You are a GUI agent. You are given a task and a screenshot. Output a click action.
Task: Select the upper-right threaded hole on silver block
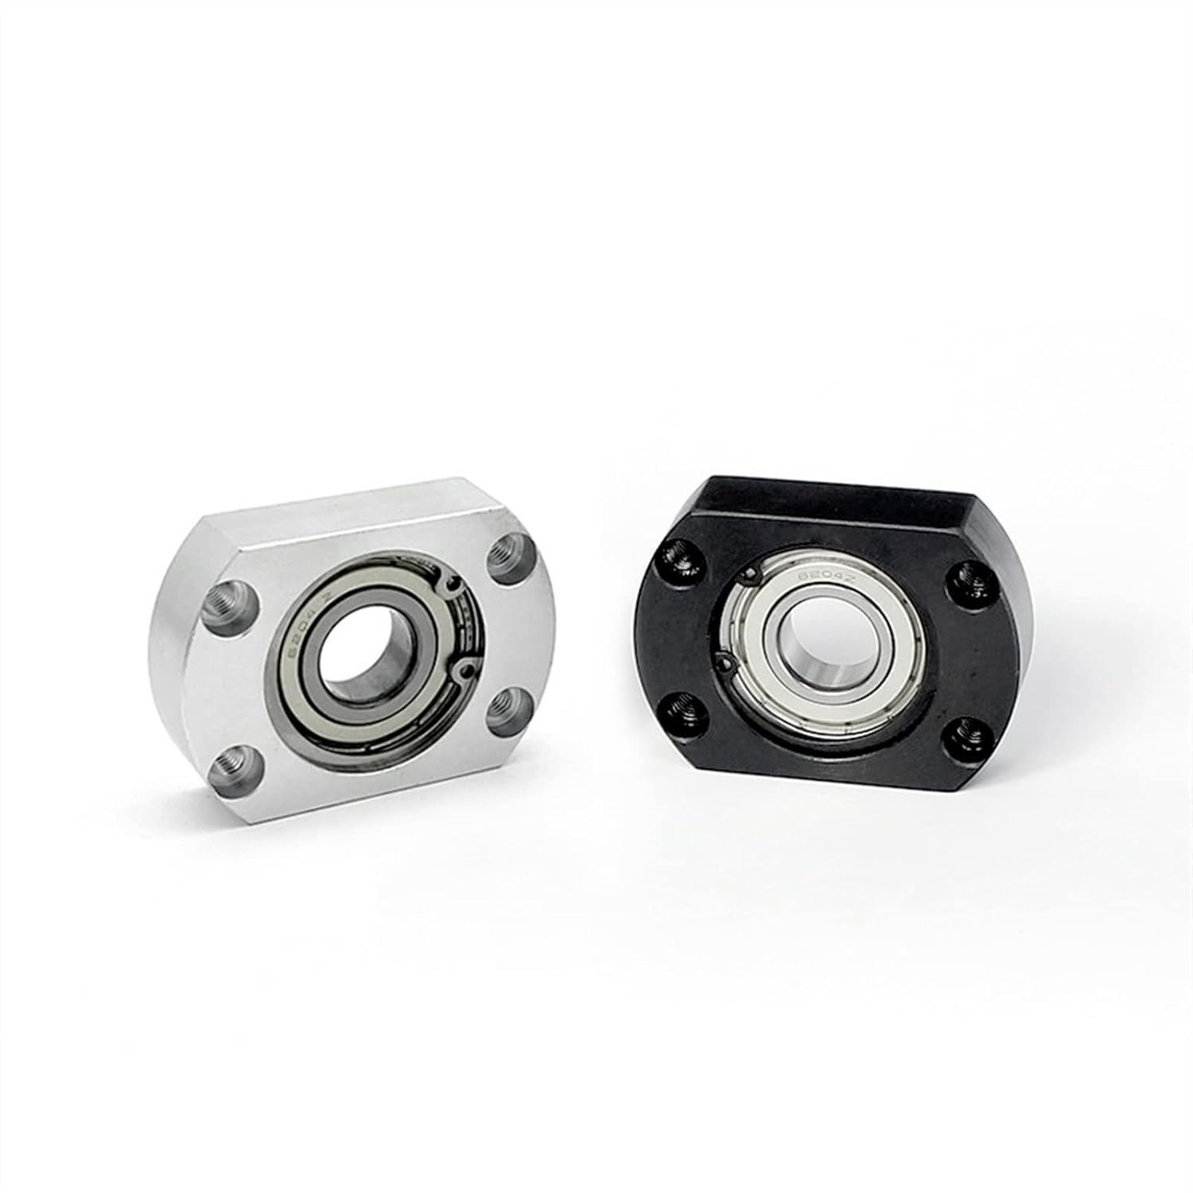[507, 558]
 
